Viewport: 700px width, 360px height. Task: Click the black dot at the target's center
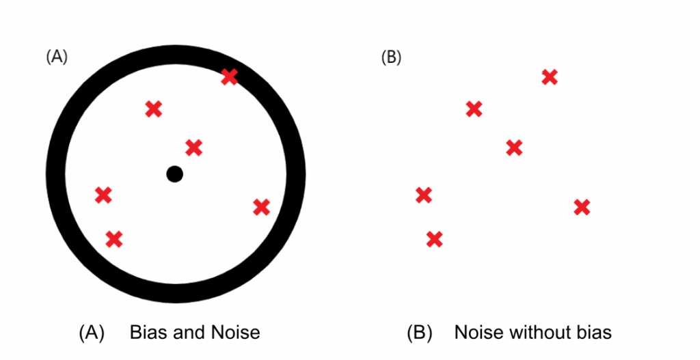click(x=174, y=174)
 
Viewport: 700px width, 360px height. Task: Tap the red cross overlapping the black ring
click(x=230, y=77)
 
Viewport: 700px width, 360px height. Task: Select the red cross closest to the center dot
click(x=193, y=147)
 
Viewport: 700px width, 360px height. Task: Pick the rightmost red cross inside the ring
click(x=261, y=207)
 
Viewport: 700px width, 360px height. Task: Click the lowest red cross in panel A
click(x=114, y=239)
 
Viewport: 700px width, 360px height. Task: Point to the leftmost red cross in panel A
click(x=103, y=195)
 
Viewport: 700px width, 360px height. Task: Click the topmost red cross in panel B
click(x=550, y=77)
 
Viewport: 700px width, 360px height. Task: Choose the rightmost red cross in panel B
click(x=582, y=207)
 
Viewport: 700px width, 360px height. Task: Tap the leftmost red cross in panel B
click(x=424, y=195)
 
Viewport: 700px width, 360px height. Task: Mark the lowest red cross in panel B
click(x=434, y=239)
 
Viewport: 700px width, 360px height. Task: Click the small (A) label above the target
click(x=57, y=57)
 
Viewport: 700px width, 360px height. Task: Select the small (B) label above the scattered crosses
click(x=391, y=57)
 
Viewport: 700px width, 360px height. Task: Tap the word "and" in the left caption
click(x=188, y=333)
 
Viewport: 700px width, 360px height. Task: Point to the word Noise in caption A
click(x=235, y=333)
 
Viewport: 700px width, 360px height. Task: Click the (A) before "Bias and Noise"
click(x=92, y=333)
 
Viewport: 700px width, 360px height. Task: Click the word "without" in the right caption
click(x=539, y=333)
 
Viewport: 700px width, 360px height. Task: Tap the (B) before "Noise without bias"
click(x=418, y=333)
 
